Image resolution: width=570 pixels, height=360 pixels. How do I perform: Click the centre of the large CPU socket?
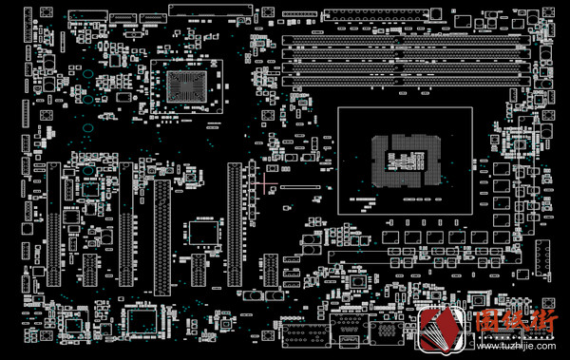(x=405, y=159)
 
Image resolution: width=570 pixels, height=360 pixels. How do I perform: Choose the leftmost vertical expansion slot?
(x=54, y=222)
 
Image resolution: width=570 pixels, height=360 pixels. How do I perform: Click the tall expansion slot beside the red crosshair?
(x=234, y=224)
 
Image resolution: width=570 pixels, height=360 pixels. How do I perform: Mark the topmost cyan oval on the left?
(x=86, y=73)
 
